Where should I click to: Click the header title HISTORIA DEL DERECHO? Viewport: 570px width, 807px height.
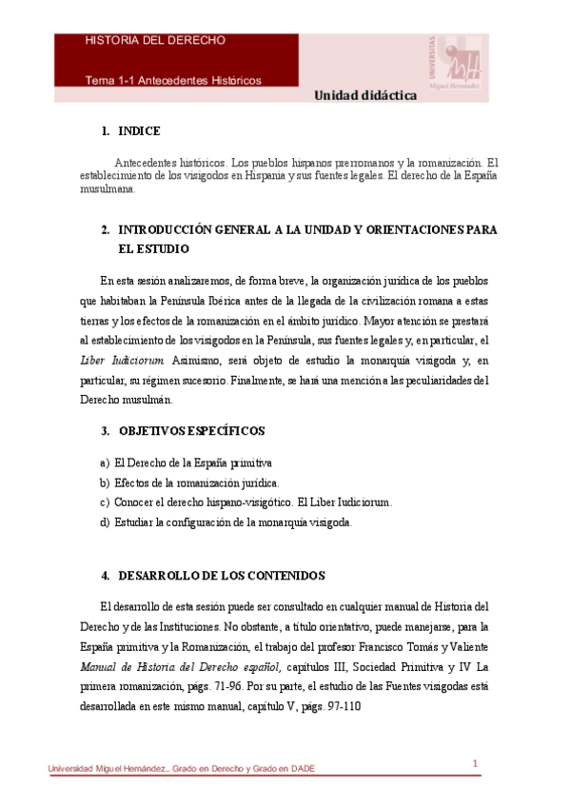tap(155, 41)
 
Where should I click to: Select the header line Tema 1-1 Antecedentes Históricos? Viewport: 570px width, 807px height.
tap(173, 80)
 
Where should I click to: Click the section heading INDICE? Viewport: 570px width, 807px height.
tap(139, 131)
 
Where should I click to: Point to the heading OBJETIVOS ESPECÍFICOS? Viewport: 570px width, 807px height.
tap(191, 431)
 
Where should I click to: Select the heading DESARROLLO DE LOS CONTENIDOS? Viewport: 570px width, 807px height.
tap(222, 576)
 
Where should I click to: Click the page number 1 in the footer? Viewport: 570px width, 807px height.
tap(475, 763)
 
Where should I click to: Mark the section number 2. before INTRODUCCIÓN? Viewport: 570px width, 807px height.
tap(105, 230)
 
